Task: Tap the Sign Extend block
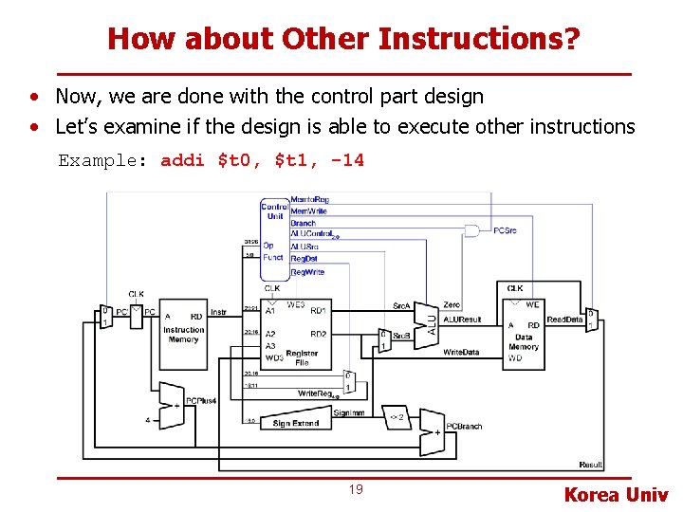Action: (295, 423)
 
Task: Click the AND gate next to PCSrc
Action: (471, 230)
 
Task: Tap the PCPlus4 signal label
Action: (201, 401)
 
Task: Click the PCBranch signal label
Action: (464, 427)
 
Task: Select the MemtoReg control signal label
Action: (309, 200)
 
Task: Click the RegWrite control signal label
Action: (307, 272)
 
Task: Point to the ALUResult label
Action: (462, 320)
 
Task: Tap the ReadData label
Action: (564, 320)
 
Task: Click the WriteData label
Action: (461, 352)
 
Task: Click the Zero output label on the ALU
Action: (452, 305)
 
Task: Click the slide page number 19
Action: (356, 489)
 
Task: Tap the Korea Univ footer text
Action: (616, 494)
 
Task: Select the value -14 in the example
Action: (347, 160)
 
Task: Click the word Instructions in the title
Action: (473, 39)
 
